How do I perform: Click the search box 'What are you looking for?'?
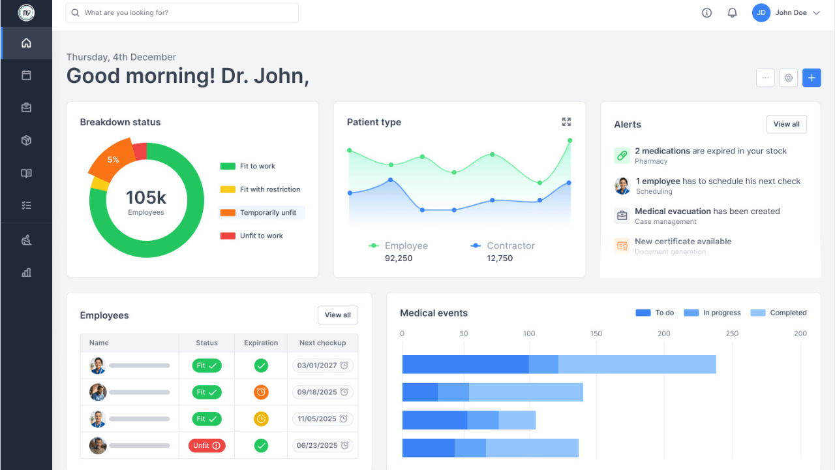click(183, 12)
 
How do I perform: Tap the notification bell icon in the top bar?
click(732, 12)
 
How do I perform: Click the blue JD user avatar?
click(761, 12)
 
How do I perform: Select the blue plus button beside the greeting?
click(812, 78)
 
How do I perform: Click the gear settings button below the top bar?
click(788, 78)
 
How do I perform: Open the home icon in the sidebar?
click(26, 43)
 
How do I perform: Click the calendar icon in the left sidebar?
click(26, 75)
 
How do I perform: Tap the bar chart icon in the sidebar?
click(26, 272)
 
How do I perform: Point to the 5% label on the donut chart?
click(113, 159)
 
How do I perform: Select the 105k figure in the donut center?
click(146, 198)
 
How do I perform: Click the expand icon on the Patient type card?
click(566, 122)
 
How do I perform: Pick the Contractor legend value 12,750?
click(500, 258)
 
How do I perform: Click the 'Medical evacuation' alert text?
click(673, 211)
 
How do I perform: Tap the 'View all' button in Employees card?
click(337, 315)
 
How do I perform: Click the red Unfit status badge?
click(207, 445)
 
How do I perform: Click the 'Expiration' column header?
click(261, 343)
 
